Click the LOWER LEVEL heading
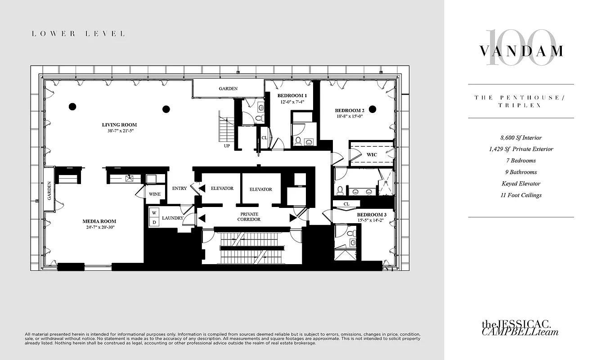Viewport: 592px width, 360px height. pos(78,34)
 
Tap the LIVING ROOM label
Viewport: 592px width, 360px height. pos(119,125)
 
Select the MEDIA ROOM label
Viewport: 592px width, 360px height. pos(99,221)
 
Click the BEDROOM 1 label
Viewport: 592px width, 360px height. pos(292,95)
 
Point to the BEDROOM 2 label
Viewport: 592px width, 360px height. pos(349,110)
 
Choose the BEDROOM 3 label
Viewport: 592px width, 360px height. pos(372,215)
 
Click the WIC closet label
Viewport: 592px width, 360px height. pos(372,155)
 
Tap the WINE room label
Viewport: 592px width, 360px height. pos(155,194)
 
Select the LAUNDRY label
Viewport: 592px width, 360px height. pos(173,218)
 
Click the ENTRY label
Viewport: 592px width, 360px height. pos(179,189)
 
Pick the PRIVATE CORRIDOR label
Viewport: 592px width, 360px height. pos(249,216)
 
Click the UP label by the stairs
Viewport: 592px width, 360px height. pos(227,146)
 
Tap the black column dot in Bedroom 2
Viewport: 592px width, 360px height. pos(372,108)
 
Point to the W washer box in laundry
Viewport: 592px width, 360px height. pos(154,212)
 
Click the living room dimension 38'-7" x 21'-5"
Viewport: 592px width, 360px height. pos(119,131)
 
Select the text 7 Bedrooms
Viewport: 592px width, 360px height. pos(520,161)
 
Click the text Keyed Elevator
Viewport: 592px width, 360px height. pos(520,184)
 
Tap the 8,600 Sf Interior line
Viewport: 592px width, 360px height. pos(520,138)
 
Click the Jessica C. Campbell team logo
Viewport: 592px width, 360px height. pos(520,328)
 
